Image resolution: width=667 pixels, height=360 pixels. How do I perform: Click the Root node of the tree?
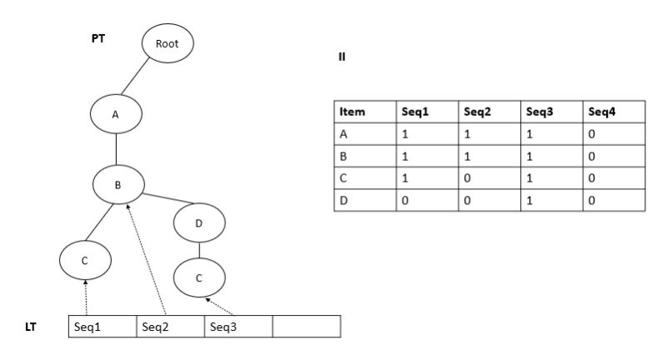click(168, 42)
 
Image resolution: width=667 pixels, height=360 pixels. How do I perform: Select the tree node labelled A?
click(116, 115)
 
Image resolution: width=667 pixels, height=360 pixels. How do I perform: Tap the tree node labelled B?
click(118, 186)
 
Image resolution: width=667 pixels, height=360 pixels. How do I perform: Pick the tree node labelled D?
click(198, 222)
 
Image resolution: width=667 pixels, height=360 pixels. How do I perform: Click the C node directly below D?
click(198, 277)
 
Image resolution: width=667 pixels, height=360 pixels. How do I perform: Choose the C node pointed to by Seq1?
click(85, 260)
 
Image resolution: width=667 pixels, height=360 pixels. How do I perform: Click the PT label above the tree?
click(98, 39)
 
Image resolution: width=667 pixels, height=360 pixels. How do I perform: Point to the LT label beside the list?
click(32, 327)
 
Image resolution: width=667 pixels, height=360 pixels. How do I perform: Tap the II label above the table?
click(342, 57)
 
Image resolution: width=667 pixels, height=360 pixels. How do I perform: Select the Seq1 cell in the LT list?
click(101, 327)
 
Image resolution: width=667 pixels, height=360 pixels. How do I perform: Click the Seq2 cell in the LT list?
click(170, 327)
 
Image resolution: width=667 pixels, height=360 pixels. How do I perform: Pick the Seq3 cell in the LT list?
click(238, 327)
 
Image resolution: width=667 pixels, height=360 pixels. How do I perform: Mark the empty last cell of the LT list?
click(306, 327)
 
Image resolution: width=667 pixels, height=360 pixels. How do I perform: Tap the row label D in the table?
click(365, 201)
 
